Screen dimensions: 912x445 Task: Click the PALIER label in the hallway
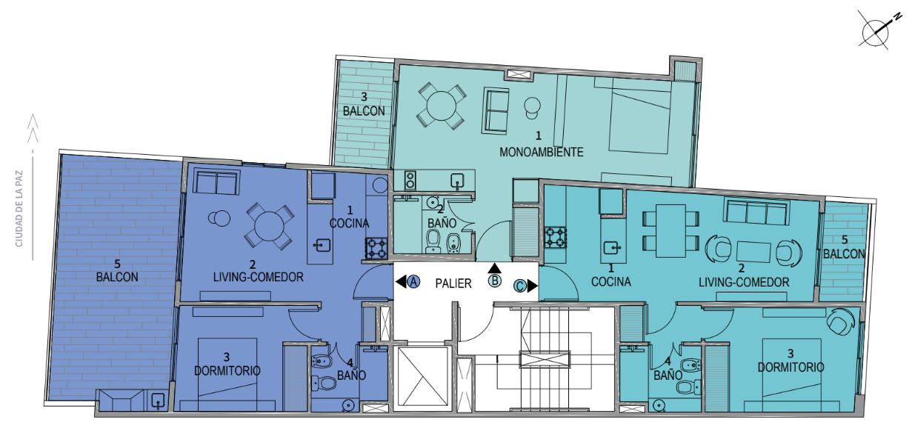453,284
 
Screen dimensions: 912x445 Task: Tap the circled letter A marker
413,281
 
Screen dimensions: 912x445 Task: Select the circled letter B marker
495,281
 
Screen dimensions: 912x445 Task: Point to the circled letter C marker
520,286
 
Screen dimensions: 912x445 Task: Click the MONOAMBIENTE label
541,152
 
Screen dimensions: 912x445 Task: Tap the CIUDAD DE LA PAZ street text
19,208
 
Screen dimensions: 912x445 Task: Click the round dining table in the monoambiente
441,106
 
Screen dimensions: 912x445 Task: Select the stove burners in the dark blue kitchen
376,249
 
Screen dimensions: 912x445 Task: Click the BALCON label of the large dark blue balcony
117,277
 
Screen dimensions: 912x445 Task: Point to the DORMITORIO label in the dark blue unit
227,370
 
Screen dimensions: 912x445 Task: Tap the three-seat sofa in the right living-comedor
757,212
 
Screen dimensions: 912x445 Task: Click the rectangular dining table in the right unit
670,230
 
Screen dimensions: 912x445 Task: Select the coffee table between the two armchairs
753,252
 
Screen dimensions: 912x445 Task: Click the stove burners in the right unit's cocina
556,238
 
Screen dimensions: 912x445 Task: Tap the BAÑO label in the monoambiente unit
442,223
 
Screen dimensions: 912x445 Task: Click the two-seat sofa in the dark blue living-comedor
216,183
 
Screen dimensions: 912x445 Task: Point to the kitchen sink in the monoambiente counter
459,180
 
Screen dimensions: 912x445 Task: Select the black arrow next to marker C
532,287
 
